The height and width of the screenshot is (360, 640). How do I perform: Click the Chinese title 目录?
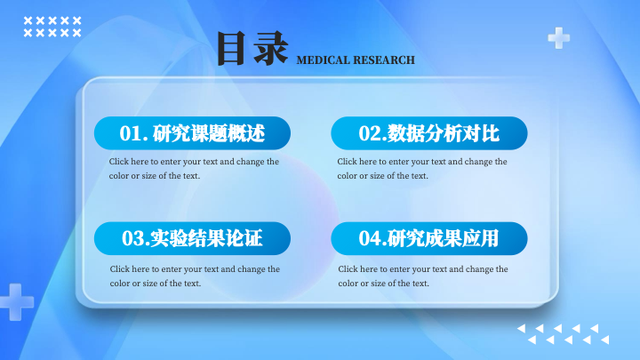(x=252, y=49)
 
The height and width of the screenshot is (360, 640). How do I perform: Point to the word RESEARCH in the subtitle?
(x=382, y=60)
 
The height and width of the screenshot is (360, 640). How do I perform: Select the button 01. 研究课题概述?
(x=192, y=133)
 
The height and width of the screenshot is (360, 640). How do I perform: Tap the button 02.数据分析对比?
(x=429, y=133)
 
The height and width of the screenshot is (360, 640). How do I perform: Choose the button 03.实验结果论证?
(x=192, y=238)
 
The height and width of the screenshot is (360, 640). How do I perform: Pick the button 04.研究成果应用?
(x=429, y=238)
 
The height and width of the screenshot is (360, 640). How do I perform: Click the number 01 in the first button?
(x=131, y=133)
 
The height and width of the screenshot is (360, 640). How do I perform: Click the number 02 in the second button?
(x=370, y=133)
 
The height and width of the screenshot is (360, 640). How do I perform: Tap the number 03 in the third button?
(x=133, y=238)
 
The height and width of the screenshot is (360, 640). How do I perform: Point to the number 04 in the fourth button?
(x=370, y=238)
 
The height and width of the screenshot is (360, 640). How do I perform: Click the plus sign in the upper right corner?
(x=559, y=38)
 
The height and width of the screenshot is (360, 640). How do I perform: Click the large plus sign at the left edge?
(x=16, y=302)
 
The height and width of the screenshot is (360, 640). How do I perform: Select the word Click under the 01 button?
(x=119, y=162)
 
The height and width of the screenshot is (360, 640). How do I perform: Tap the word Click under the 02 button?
(x=347, y=162)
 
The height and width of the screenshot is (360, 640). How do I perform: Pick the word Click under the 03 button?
(x=120, y=269)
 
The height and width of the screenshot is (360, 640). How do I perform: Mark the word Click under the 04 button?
(x=348, y=269)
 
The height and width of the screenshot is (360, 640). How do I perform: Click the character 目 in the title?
(x=230, y=49)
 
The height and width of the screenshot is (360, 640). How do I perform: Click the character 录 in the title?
(x=270, y=49)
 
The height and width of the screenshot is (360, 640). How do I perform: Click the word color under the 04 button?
(x=348, y=284)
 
